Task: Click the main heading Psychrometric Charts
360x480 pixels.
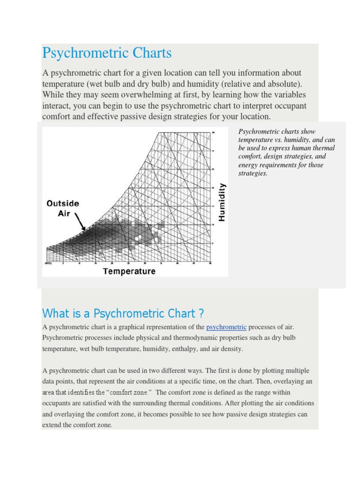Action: [x=107, y=53]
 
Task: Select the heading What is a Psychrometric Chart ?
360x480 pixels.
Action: [x=123, y=313]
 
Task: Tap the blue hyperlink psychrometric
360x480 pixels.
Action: [x=226, y=327]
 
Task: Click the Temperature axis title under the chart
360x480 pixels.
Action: [x=129, y=271]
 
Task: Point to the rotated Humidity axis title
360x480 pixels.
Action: [x=222, y=202]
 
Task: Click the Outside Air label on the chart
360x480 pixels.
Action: [x=63, y=208]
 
